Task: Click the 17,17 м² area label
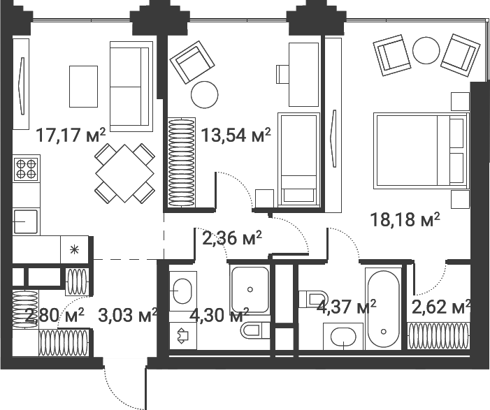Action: tap(71, 136)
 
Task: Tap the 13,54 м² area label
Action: tap(236, 136)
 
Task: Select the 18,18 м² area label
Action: tap(405, 219)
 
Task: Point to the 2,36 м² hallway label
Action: tap(232, 239)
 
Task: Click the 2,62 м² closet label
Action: tap(441, 307)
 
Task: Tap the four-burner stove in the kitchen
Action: tap(27, 168)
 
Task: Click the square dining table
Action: tap(125, 173)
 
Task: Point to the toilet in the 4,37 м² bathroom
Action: tap(313, 300)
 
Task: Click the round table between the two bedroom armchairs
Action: tap(426, 50)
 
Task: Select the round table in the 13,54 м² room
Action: tap(205, 94)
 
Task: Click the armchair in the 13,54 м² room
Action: tap(192, 62)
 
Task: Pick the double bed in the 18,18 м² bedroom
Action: tap(421, 151)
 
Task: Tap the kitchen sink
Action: tap(26, 221)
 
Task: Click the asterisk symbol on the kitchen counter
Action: tap(74, 250)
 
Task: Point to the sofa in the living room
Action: tap(131, 87)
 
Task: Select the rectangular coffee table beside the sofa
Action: tap(83, 87)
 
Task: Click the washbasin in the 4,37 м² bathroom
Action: tap(343, 337)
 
